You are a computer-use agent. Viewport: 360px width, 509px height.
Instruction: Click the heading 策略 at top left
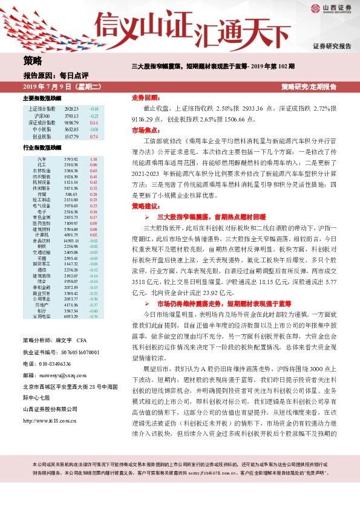[x=33, y=60]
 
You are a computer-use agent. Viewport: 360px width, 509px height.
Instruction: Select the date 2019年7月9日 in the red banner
[x=57, y=87]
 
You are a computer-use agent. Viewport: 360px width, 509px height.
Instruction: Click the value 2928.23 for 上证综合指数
[x=71, y=108]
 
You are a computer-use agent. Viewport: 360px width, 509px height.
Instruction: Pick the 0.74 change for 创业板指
[x=93, y=137]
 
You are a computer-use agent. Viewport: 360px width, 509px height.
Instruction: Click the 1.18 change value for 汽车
[x=93, y=159]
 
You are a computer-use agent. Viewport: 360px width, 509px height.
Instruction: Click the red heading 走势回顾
[x=145, y=97]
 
